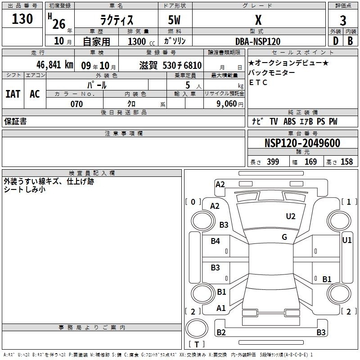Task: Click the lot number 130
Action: tap(22, 19)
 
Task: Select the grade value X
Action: tap(258, 20)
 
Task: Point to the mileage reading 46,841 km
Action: tap(54, 65)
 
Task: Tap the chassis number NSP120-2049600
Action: tap(302, 143)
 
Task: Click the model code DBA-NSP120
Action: tap(258, 41)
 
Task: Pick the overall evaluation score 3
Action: tap(343, 21)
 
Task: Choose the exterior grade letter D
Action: tap(336, 41)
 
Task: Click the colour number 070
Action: tap(76, 104)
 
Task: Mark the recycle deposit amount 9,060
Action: tap(227, 104)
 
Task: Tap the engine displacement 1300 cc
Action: tap(141, 41)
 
